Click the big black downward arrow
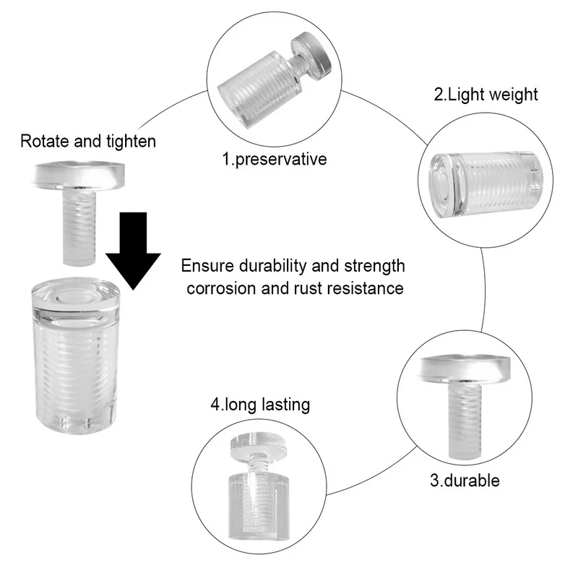(x=133, y=251)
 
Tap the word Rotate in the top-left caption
(x=45, y=141)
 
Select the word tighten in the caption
(x=131, y=142)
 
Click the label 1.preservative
(x=275, y=159)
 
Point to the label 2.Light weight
(x=486, y=95)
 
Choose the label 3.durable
(x=465, y=480)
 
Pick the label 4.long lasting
(x=260, y=405)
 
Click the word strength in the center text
(x=374, y=266)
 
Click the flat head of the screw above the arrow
(x=79, y=175)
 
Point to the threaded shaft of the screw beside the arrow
(x=79, y=227)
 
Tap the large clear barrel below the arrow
(x=76, y=355)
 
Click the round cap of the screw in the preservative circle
(x=311, y=56)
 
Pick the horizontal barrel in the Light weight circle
(x=486, y=184)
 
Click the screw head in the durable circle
(x=465, y=368)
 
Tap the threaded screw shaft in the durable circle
(x=465, y=420)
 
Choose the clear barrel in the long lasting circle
(x=259, y=505)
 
